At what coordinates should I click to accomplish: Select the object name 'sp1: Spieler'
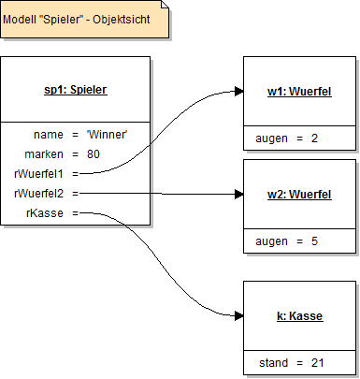[76, 91]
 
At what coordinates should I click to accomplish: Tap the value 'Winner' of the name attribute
[106, 135]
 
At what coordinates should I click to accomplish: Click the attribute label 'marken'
[48, 153]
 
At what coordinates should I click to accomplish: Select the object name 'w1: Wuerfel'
[299, 92]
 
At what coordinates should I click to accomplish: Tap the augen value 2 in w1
[314, 138]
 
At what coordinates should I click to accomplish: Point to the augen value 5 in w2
[314, 241]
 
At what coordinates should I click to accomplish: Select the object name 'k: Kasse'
[299, 316]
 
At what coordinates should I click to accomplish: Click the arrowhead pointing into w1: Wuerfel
[238, 93]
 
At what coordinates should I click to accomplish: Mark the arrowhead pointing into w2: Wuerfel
[238, 195]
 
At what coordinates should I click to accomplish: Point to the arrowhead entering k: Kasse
[238, 315]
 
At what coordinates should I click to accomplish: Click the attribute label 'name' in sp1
[49, 135]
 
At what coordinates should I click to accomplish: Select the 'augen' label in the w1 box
[272, 138]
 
